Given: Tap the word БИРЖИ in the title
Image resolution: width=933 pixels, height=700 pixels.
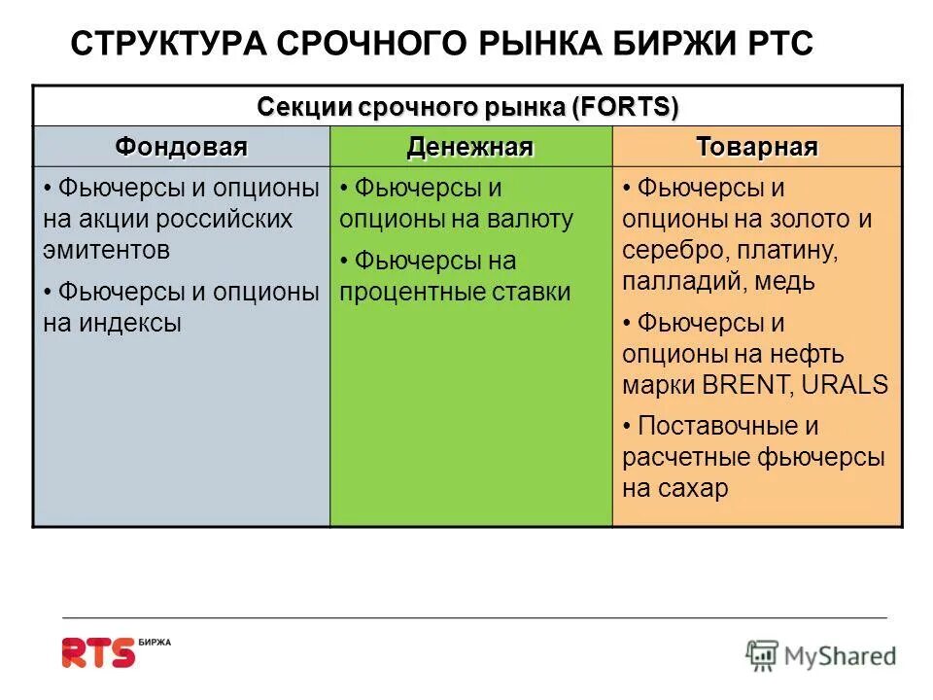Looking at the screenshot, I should (669, 44).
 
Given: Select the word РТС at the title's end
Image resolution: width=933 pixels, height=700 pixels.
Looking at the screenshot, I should (777, 44).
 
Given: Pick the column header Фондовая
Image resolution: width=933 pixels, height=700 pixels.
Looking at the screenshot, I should (182, 148).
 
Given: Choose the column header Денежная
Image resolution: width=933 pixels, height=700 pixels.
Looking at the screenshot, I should (469, 148).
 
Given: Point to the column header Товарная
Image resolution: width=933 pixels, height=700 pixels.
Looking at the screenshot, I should (756, 148).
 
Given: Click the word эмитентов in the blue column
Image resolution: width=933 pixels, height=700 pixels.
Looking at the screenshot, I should (107, 250).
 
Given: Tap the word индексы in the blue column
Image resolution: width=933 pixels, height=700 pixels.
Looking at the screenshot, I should (125, 324).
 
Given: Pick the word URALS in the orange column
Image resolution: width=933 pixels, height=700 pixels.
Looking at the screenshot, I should (847, 384).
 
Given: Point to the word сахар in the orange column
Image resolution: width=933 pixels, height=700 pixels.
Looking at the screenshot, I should (691, 489).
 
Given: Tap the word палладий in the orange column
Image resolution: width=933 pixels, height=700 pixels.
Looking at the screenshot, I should (675, 282).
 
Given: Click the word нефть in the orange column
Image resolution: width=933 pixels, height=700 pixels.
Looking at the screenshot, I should (811, 353).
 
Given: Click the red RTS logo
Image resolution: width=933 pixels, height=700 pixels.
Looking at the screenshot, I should (98, 652).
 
